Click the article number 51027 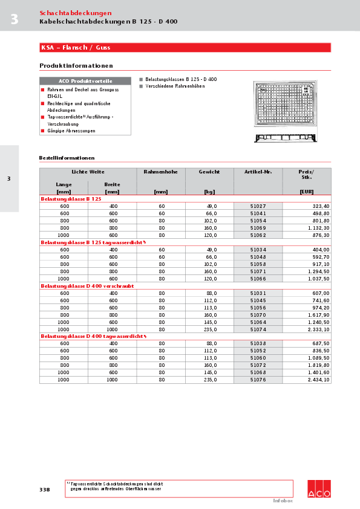point(258,206)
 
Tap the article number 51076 point(258,380)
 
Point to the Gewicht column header point(209,172)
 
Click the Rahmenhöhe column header point(160,172)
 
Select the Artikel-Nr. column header point(258,172)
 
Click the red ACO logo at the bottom point(319,489)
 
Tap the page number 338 point(45,489)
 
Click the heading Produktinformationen point(76,65)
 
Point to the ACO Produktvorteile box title point(85,81)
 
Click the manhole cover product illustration point(284,112)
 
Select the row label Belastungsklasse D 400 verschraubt point(87,286)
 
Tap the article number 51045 point(258,300)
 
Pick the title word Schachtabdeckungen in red point(75,13)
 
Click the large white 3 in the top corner point(14,20)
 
